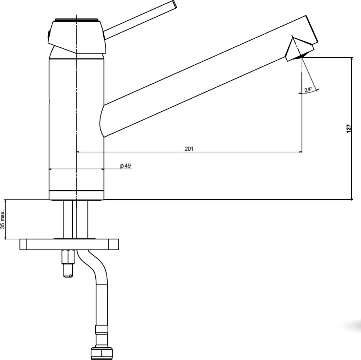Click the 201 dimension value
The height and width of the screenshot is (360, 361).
[x=189, y=149]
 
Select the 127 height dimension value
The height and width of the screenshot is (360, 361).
[x=349, y=128]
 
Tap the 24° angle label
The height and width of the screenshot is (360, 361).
[x=308, y=90]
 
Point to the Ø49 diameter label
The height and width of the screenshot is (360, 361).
[x=125, y=166]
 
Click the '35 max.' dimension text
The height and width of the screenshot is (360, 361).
[x=3, y=220]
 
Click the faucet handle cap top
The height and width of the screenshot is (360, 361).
[x=77, y=19]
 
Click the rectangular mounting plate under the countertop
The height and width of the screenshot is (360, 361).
[x=69, y=244]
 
